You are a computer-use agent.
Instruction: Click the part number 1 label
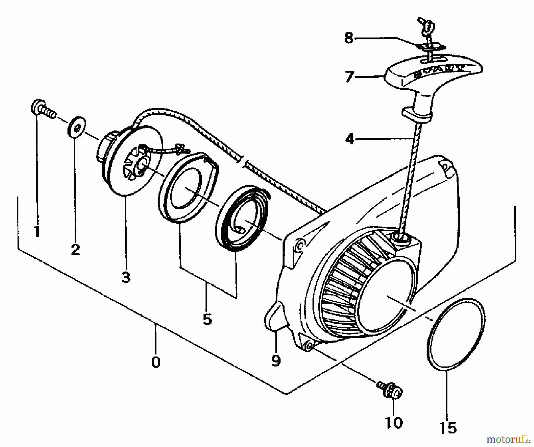(x=37, y=232)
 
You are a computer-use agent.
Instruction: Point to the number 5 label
(x=207, y=319)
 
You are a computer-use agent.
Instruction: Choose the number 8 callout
(x=349, y=38)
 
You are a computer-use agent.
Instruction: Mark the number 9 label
(x=276, y=361)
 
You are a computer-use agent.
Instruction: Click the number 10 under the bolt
(x=394, y=422)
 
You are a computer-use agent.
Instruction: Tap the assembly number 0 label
(x=156, y=362)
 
